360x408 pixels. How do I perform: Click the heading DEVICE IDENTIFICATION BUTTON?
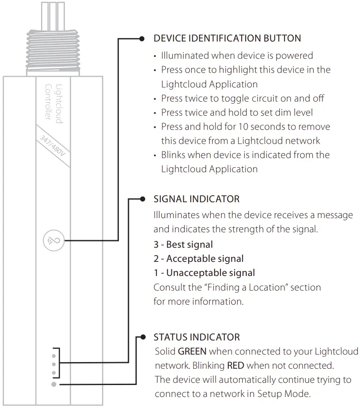coord(227,38)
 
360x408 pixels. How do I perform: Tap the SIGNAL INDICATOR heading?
coord(196,199)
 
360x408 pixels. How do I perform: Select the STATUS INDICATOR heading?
coord(197,337)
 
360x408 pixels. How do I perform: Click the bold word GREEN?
coord(192,352)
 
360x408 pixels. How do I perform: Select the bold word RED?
coord(235,366)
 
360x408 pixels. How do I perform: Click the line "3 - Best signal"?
coord(183,245)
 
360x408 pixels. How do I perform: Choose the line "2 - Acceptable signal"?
coord(198,259)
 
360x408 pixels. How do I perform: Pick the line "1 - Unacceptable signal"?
coord(204,273)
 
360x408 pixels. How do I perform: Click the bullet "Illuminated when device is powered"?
coord(237,56)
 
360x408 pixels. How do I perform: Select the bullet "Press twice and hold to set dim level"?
coord(243,113)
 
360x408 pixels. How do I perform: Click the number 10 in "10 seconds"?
coord(243,127)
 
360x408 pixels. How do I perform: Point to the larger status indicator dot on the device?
coord(53,385)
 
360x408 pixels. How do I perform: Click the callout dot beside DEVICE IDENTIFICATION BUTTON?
coord(142,38)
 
